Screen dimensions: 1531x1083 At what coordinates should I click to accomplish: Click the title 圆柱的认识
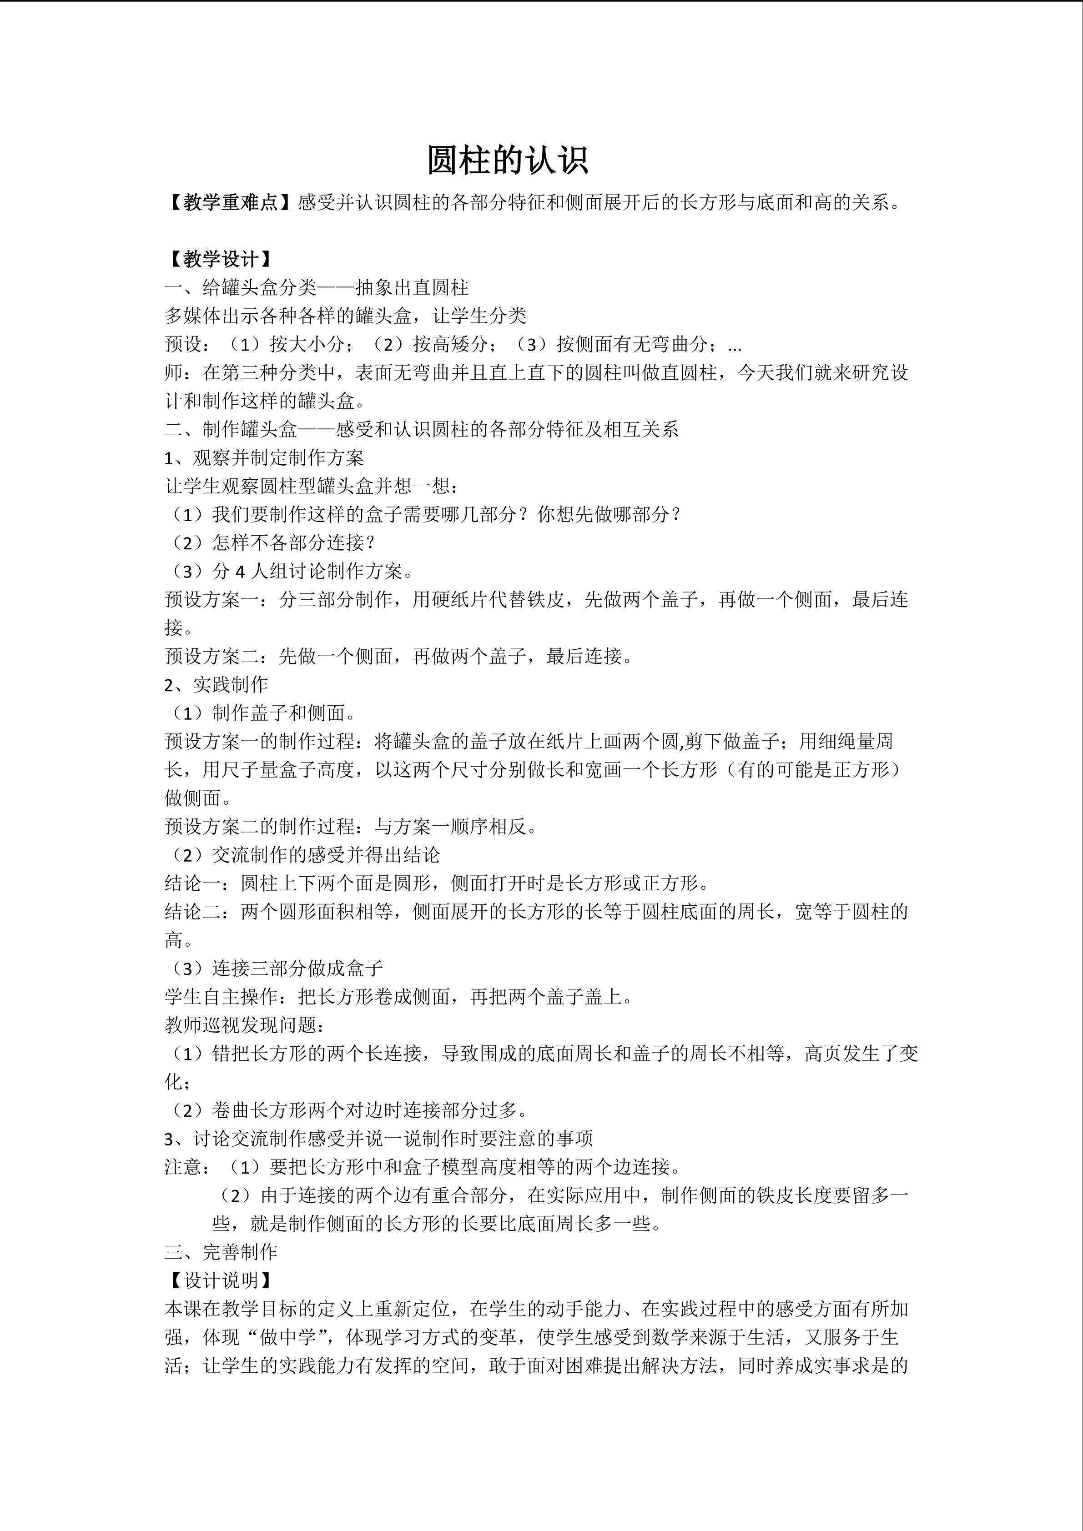point(508,161)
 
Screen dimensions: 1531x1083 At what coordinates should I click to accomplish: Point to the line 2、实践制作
point(216,685)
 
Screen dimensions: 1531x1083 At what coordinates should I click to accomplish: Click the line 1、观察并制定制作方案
point(264,457)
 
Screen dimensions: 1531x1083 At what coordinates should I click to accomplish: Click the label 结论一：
point(202,883)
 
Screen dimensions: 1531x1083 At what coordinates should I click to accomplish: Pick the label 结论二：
point(202,912)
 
